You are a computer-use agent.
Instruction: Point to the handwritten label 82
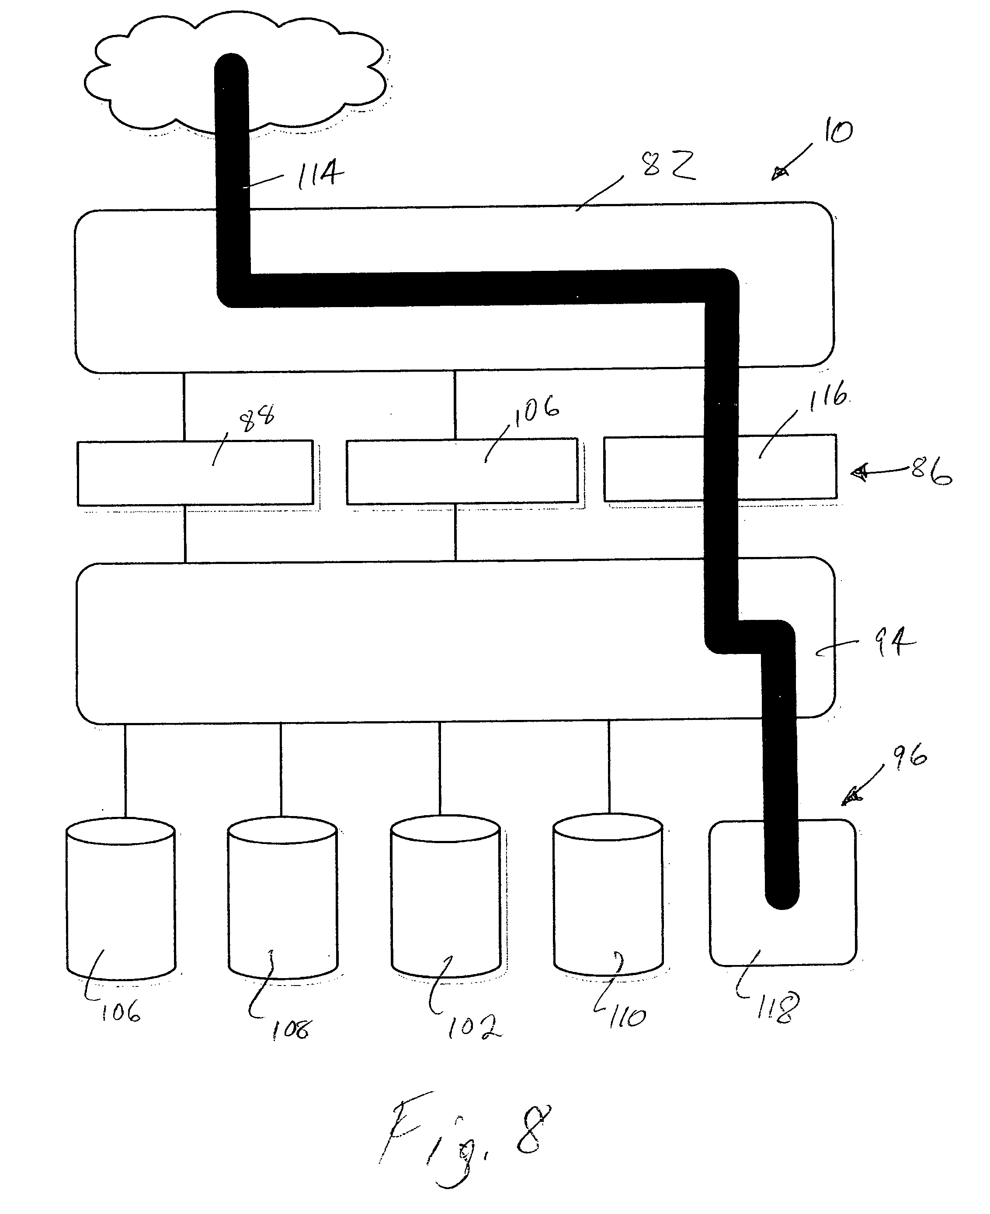(x=668, y=165)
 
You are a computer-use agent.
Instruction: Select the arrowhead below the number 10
(x=780, y=173)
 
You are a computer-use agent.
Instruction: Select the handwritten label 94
(x=894, y=642)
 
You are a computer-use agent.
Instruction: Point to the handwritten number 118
(x=777, y=1008)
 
